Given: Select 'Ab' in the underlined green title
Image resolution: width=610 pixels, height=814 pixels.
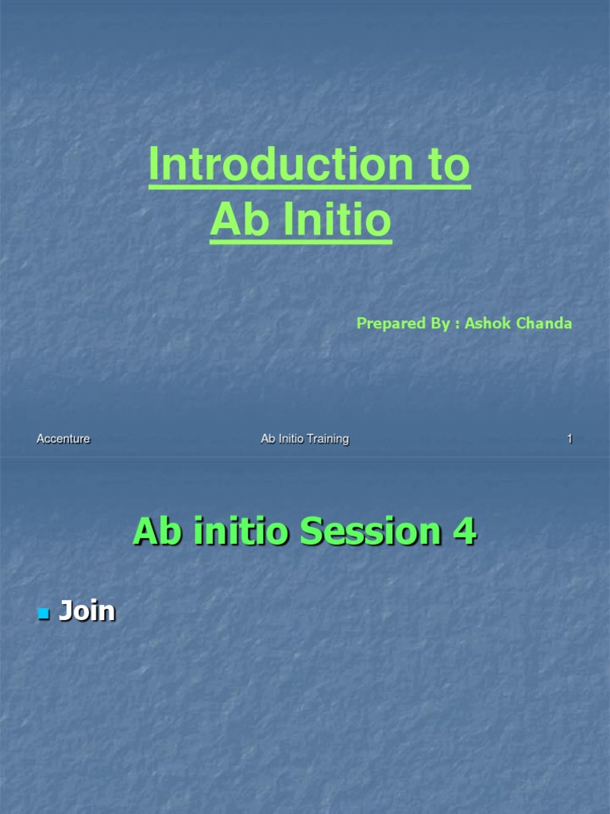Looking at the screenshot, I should point(237,222).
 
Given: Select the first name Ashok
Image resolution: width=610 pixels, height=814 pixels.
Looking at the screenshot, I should point(489,324).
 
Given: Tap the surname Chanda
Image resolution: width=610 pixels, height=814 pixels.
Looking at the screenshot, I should point(546,324).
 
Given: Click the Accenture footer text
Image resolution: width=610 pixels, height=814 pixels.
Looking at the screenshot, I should point(64,439).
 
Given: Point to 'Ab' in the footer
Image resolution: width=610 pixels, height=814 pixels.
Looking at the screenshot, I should point(268,439).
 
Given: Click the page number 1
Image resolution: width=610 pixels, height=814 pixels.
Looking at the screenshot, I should point(569,439).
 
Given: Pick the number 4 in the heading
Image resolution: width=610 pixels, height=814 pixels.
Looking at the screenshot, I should point(464,531).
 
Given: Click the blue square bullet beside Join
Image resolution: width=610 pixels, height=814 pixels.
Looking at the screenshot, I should point(44,614).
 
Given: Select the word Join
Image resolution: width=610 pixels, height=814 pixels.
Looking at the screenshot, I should point(87,611).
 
